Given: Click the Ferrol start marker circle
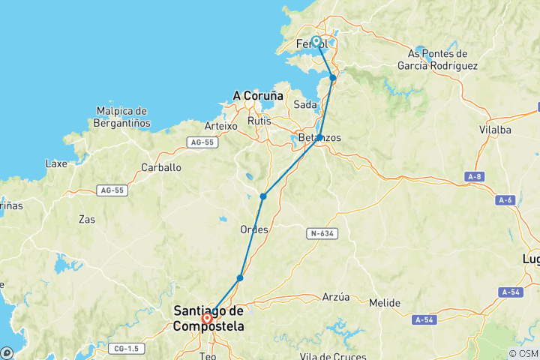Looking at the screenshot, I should click(316, 42).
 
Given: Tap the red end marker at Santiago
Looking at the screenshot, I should click(207, 318).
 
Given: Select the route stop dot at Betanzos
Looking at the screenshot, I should click(319, 137).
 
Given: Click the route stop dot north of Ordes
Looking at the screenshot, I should click(263, 196).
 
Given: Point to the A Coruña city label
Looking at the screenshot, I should click(258, 96).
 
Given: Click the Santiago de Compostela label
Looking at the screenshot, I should click(208, 318).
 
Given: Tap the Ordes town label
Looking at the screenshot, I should click(253, 229).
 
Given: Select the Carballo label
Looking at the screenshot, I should click(163, 167).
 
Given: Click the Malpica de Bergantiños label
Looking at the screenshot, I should click(124, 117).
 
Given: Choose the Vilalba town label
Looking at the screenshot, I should click(495, 130).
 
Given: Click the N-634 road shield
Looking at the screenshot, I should click(322, 234).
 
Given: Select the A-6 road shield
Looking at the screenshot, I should click(505, 200).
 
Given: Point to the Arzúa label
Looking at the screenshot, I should click(336, 297).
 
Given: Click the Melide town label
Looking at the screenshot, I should click(385, 303).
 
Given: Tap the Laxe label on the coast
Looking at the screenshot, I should click(56, 163).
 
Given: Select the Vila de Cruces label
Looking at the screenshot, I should click(329, 355).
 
